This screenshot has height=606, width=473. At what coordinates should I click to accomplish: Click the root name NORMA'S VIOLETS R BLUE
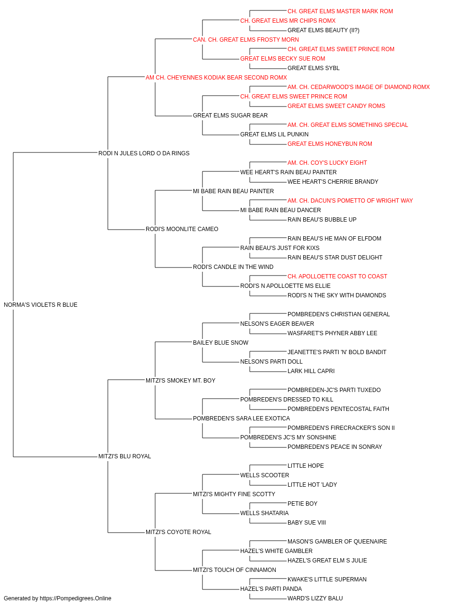click(41, 305)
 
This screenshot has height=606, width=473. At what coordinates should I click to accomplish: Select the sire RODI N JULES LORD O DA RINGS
click(144, 153)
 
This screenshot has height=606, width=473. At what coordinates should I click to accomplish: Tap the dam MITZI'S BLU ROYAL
click(124, 456)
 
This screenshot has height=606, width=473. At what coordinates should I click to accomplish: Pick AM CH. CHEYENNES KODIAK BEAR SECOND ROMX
click(216, 78)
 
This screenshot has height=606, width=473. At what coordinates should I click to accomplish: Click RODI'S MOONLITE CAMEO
click(182, 229)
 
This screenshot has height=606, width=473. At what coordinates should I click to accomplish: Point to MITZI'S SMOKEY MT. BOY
click(181, 380)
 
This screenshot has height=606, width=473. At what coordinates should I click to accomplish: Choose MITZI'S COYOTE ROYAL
click(178, 532)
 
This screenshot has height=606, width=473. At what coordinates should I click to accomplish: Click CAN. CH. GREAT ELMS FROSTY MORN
click(246, 40)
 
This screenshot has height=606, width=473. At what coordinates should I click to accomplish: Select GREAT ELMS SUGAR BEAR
click(230, 116)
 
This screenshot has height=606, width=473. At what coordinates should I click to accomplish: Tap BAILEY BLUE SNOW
click(220, 343)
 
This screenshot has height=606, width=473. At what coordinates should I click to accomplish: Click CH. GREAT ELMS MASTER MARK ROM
click(340, 11)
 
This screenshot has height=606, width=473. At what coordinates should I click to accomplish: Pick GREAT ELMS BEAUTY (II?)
click(324, 30)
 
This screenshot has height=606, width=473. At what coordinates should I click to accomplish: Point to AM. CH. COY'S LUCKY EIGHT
click(327, 162)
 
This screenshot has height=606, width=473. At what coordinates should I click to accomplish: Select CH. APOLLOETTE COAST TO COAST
click(337, 276)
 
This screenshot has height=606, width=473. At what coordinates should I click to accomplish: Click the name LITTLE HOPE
click(306, 466)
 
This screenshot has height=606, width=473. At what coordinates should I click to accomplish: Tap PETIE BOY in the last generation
click(303, 504)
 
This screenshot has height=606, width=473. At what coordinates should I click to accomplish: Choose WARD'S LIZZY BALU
click(315, 598)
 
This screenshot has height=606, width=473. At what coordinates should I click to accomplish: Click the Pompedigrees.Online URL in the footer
click(76, 598)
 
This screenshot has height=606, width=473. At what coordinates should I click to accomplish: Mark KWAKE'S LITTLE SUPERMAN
click(327, 579)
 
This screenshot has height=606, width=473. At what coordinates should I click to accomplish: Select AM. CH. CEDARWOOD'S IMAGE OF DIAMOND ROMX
click(359, 87)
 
